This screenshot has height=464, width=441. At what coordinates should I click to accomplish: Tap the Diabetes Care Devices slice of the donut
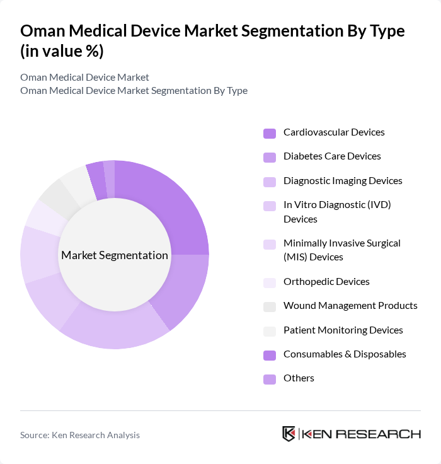point(183,287)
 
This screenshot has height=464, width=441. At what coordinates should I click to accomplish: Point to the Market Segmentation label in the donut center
point(115,255)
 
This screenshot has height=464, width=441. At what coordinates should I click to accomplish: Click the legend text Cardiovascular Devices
point(334,132)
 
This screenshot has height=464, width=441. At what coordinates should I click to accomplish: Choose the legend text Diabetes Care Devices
point(332,156)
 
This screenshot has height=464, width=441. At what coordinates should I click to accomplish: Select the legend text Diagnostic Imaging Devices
point(343,181)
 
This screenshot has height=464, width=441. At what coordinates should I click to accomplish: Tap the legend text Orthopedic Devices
point(326,282)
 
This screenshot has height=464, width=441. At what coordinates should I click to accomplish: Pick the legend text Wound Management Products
point(350,306)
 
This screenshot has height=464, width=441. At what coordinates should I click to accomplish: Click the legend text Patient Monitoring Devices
point(343,330)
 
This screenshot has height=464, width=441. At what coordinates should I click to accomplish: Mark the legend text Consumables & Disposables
point(345,354)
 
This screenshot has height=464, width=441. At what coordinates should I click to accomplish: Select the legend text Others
point(299,378)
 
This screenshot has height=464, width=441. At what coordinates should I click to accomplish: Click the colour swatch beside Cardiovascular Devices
point(270,133)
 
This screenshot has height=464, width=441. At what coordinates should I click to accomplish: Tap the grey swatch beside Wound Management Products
point(270,306)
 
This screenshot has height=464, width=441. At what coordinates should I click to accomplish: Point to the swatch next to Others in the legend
point(270,379)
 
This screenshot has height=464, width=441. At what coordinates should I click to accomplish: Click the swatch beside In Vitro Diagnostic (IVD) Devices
point(270,206)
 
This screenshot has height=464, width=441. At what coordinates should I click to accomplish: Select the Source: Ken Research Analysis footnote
point(80,435)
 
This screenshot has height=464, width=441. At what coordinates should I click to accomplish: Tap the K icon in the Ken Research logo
point(289,434)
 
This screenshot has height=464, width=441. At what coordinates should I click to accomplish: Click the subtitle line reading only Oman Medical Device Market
point(84,78)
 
